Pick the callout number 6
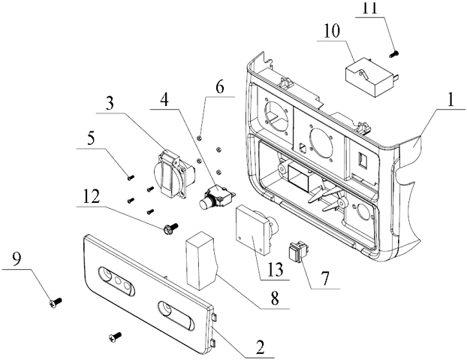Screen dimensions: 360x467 click(x=219, y=87)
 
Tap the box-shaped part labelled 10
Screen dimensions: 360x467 click(x=367, y=74)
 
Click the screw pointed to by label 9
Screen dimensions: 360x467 click(x=53, y=301)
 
